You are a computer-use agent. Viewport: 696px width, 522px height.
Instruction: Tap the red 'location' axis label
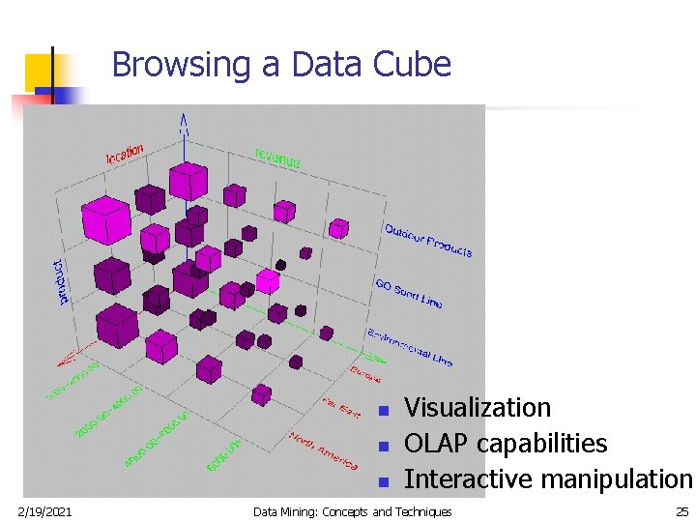pyautogui.click(x=125, y=153)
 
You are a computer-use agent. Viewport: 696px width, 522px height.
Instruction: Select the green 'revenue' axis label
pyautogui.click(x=277, y=158)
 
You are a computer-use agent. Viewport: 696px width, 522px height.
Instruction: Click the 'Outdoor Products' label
pyautogui.click(x=428, y=240)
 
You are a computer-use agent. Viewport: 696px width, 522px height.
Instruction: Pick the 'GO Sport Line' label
pyautogui.click(x=408, y=292)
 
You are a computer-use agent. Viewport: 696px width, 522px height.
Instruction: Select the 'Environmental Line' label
pyautogui.click(x=409, y=347)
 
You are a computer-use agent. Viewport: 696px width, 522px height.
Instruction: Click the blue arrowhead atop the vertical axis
pyautogui.click(x=183, y=123)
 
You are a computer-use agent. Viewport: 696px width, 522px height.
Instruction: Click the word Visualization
pyautogui.click(x=477, y=408)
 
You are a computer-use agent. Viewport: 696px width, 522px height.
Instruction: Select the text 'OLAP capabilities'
pyautogui.click(x=505, y=444)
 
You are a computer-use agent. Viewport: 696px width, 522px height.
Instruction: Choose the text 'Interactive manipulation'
pyautogui.click(x=547, y=479)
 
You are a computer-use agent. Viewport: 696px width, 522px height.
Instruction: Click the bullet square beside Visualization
pyautogui.click(x=383, y=411)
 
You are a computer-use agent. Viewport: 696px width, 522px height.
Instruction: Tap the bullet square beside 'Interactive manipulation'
pyautogui.click(x=383, y=481)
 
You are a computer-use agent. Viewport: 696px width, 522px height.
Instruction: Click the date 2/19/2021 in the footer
pyautogui.click(x=44, y=511)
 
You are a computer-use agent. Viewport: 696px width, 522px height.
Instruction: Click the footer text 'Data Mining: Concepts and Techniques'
pyautogui.click(x=352, y=511)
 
